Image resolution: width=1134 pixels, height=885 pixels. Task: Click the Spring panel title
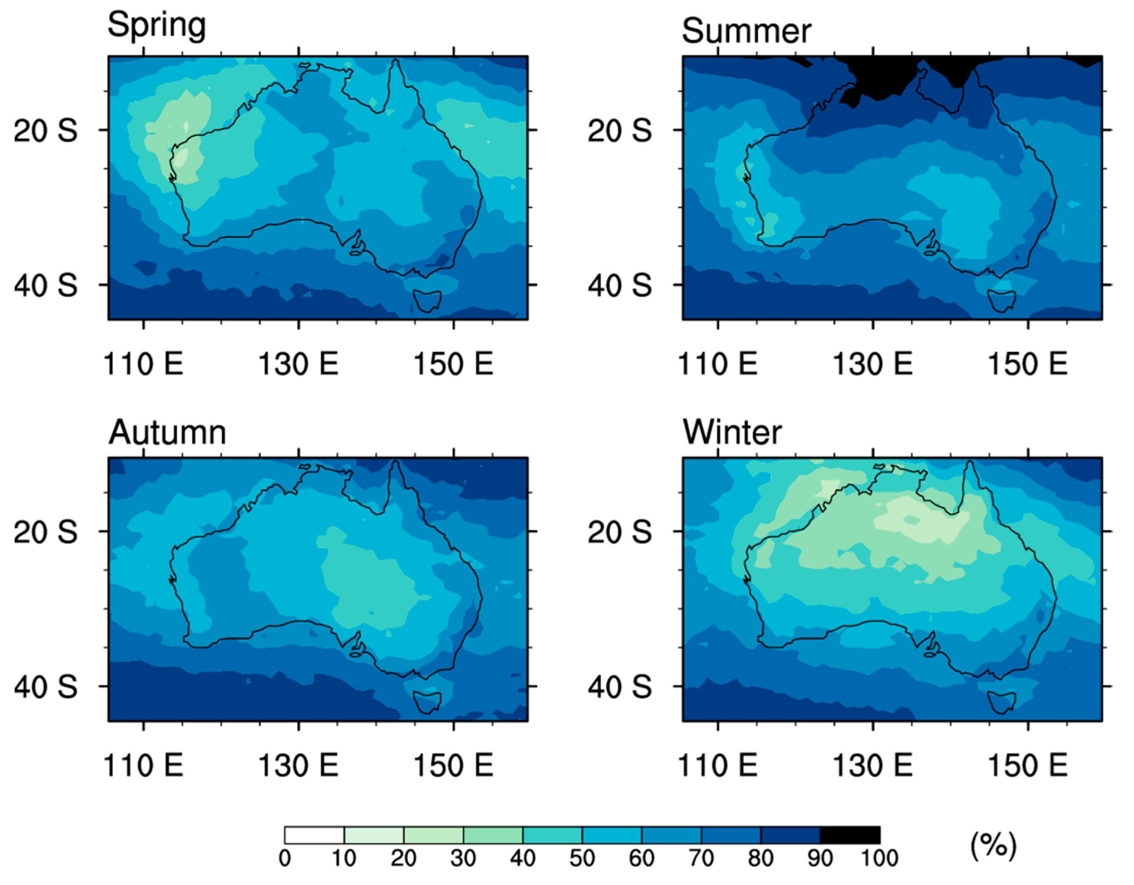pos(156,25)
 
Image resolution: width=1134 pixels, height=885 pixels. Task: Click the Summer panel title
pos(746,31)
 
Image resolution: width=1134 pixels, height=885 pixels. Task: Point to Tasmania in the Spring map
pos(427,300)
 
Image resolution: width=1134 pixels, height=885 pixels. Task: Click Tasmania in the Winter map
pos(1002,701)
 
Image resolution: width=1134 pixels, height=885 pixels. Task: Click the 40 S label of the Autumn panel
pos(46,687)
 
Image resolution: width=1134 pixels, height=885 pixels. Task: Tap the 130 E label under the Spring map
pos(298,364)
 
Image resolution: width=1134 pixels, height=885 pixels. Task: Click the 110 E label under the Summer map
pos(718,364)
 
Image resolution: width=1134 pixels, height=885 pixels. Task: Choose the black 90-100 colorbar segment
pos(850,835)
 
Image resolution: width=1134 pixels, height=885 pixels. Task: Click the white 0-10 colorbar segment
pos(314,835)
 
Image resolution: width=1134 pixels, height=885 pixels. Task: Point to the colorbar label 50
pos(582,858)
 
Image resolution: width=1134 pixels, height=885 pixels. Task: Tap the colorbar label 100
pos(880,858)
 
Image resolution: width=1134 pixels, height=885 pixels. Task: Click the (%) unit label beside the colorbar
pos(993,845)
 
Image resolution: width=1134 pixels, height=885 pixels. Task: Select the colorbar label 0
pos(284,858)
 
